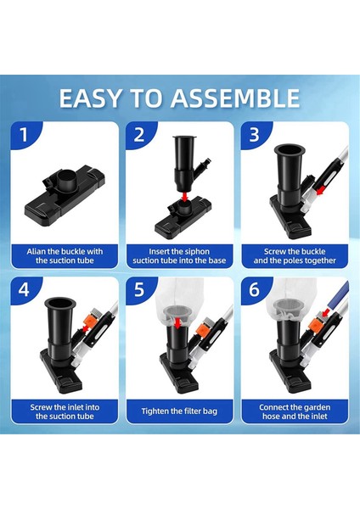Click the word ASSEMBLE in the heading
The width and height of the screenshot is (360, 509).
pos(235,98)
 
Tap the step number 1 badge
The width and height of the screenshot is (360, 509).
pos(24,134)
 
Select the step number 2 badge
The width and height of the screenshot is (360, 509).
pos(139,134)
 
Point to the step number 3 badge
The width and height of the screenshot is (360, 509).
pos(254,134)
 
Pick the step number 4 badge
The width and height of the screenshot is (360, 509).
pos(24,289)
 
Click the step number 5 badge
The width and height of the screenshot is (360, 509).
pos(139,289)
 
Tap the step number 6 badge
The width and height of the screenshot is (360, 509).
pos(254,289)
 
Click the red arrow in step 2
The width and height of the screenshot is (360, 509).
pos(185,197)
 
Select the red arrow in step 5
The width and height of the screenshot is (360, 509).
pos(177,323)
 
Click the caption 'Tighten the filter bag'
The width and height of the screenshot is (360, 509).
pos(179,411)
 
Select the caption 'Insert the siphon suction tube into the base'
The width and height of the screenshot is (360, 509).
pos(179,256)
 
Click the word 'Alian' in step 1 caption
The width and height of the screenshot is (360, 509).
pos(36,252)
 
